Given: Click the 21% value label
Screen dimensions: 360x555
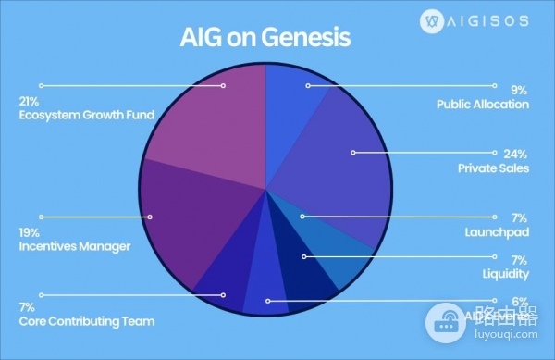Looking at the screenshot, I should pyautogui.click(x=28, y=101).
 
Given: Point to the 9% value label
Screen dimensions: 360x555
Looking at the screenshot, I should pyautogui.click(x=521, y=90).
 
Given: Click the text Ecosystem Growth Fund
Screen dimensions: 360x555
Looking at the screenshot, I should pyautogui.click(x=86, y=115).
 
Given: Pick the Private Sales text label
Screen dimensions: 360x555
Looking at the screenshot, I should pyautogui.click(x=494, y=168).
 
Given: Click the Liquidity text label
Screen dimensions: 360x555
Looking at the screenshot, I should pyautogui.click(x=506, y=274).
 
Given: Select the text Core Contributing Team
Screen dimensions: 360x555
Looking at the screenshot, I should pyautogui.click(x=87, y=321).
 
